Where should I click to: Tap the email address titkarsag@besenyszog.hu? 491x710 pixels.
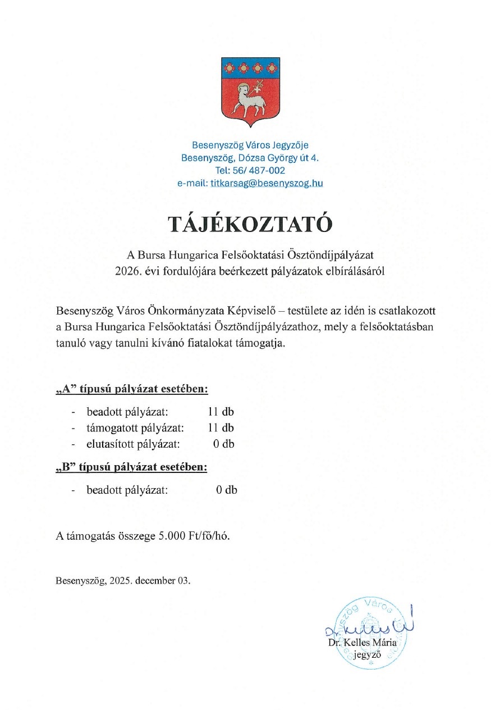267,183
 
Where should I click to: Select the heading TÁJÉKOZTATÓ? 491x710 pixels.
250,224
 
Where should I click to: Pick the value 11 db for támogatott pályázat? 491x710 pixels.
221,427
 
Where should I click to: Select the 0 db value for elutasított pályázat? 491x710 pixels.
223,444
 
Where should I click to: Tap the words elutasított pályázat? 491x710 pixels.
133,444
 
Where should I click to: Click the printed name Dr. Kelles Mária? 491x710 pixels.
362,642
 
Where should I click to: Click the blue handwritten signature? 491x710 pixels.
370,626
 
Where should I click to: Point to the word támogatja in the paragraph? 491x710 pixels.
263,343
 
